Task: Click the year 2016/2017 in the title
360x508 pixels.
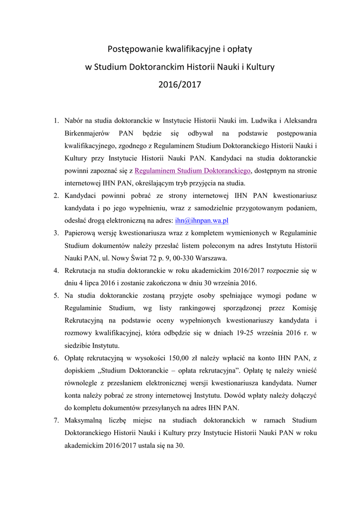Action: pos(180,84)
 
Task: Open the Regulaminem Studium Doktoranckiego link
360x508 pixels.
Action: pos(193,171)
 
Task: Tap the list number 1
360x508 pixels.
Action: pos(56,121)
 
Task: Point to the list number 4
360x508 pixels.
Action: pos(56,270)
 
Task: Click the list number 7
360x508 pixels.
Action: pos(56,420)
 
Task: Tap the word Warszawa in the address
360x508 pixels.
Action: pos(212,258)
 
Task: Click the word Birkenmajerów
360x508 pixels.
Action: pos(88,133)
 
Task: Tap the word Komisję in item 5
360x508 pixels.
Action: pos(304,308)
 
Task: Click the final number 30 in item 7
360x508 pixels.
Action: pos(179,445)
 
